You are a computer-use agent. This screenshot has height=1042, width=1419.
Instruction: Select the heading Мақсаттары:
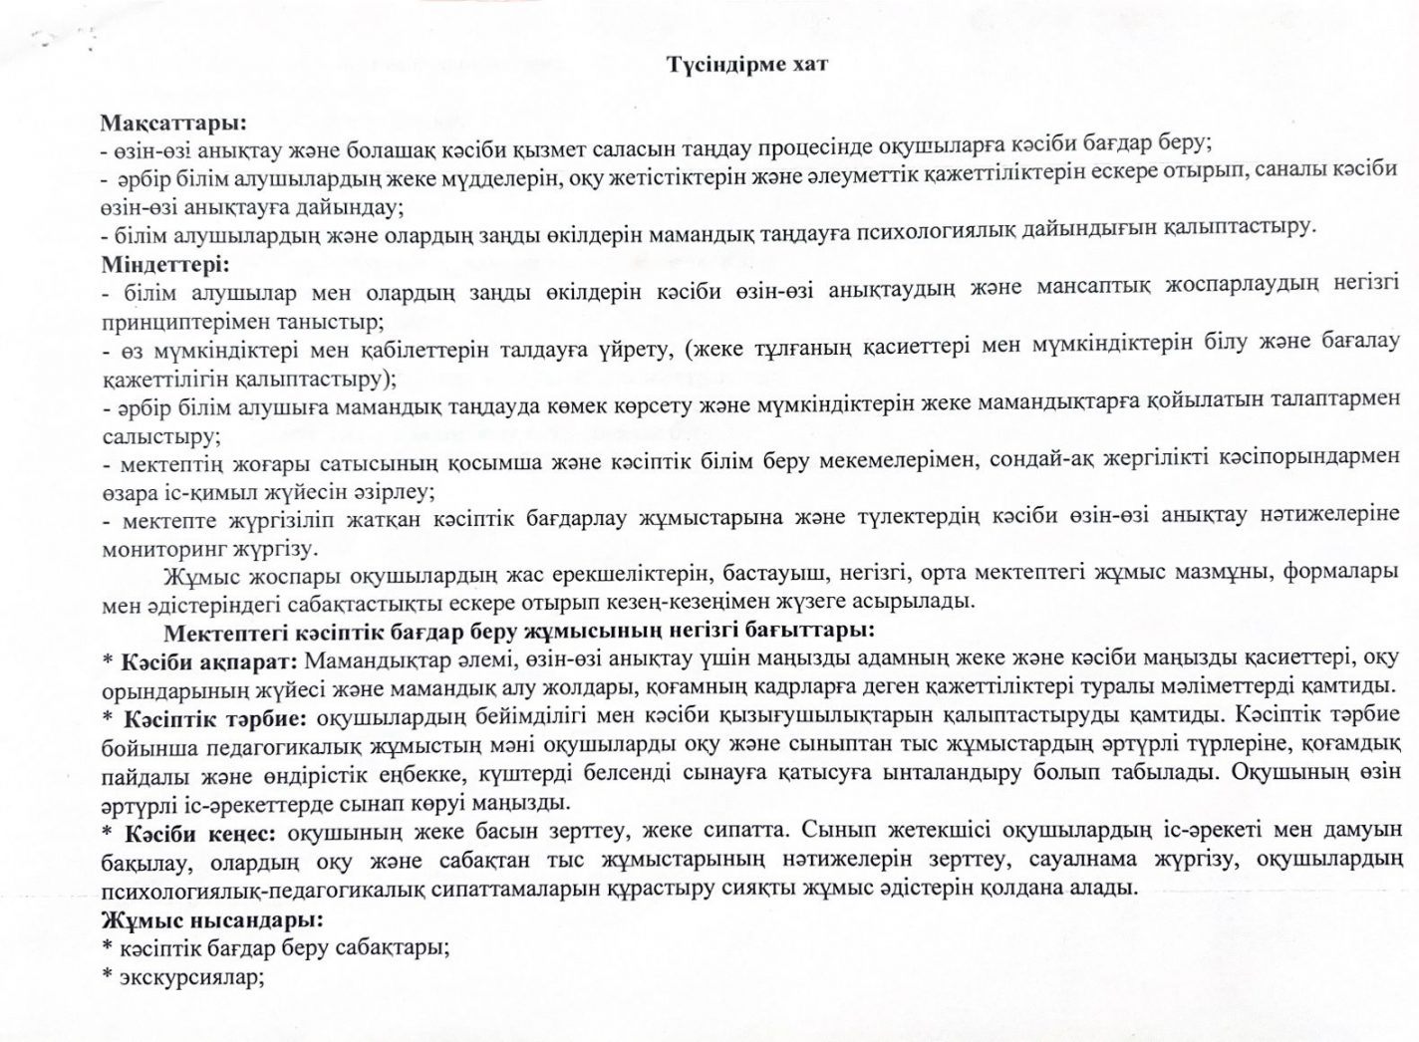173,123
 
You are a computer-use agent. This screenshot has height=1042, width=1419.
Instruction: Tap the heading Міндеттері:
165,266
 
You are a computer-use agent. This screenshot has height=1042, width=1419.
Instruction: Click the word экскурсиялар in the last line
189,977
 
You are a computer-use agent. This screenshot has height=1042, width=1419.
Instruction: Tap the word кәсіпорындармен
1319,460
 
